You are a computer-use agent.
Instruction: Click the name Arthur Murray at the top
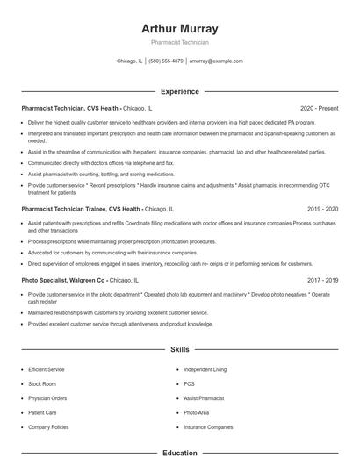pos(180,28)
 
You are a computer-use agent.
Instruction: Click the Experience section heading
pos(180,91)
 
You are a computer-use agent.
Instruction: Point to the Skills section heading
pos(180,349)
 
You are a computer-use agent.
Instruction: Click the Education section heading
pos(180,453)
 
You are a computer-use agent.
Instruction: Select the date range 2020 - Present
pos(319,107)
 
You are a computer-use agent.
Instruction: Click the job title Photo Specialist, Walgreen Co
pos(64,280)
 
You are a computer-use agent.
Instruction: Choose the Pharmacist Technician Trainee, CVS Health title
pos(81,210)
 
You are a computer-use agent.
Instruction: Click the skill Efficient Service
pos(46,370)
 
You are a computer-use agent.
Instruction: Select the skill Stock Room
pos(41,384)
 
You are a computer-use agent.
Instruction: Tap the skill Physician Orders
pos(47,398)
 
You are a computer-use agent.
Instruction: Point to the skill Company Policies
pos(47,426)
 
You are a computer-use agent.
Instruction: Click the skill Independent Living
pos(205,370)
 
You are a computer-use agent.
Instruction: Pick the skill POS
pos(189,384)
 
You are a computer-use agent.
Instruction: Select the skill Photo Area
pos(197,412)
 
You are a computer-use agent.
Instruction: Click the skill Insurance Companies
pos(208,426)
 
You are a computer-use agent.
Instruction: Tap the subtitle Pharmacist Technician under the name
pos(180,42)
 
